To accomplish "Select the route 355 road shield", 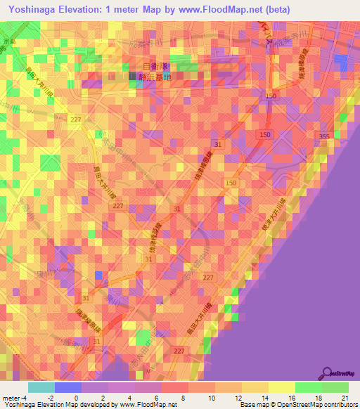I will pyautogui.click(x=324, y=136).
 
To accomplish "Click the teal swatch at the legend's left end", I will pyautogui.click(x=41, y=387).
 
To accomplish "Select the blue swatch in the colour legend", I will pyautogui.click(x=67, y=387).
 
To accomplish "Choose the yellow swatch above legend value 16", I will pyautogui.click(x=281, y=387).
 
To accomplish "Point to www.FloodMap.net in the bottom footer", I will pyautogui.click(x=148, y=405).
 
